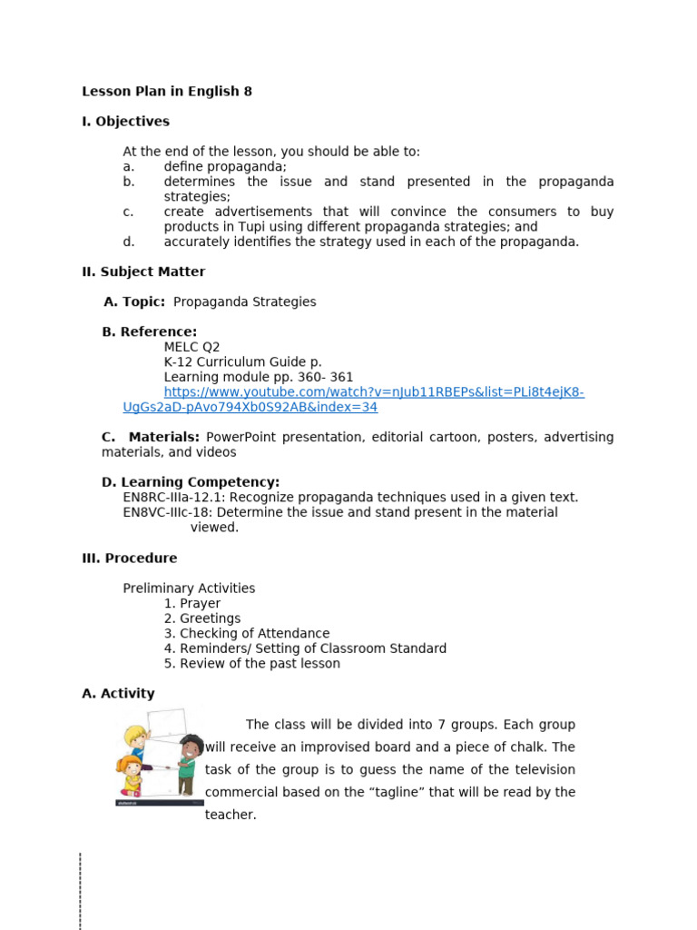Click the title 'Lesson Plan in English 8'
coord(167,91)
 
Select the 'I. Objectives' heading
coord(125,121)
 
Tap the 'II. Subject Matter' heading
coord(143,272)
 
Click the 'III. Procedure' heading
coord(130,558)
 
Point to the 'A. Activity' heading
coord(118,693)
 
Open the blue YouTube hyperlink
coord(373,392)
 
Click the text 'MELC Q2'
coord(191,347)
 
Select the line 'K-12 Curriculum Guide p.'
coord(242,361)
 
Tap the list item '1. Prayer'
coord(192,603)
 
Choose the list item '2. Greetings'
coord(202,618)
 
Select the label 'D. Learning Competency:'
coord(191,482)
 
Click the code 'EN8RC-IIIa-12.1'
coord(177,497)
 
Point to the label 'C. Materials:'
coord(151,437)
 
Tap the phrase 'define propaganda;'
coord(225,166)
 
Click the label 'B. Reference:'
coord(150,331)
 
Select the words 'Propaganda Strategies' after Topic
coord(244,302)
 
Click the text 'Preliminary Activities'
coord(189,588)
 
